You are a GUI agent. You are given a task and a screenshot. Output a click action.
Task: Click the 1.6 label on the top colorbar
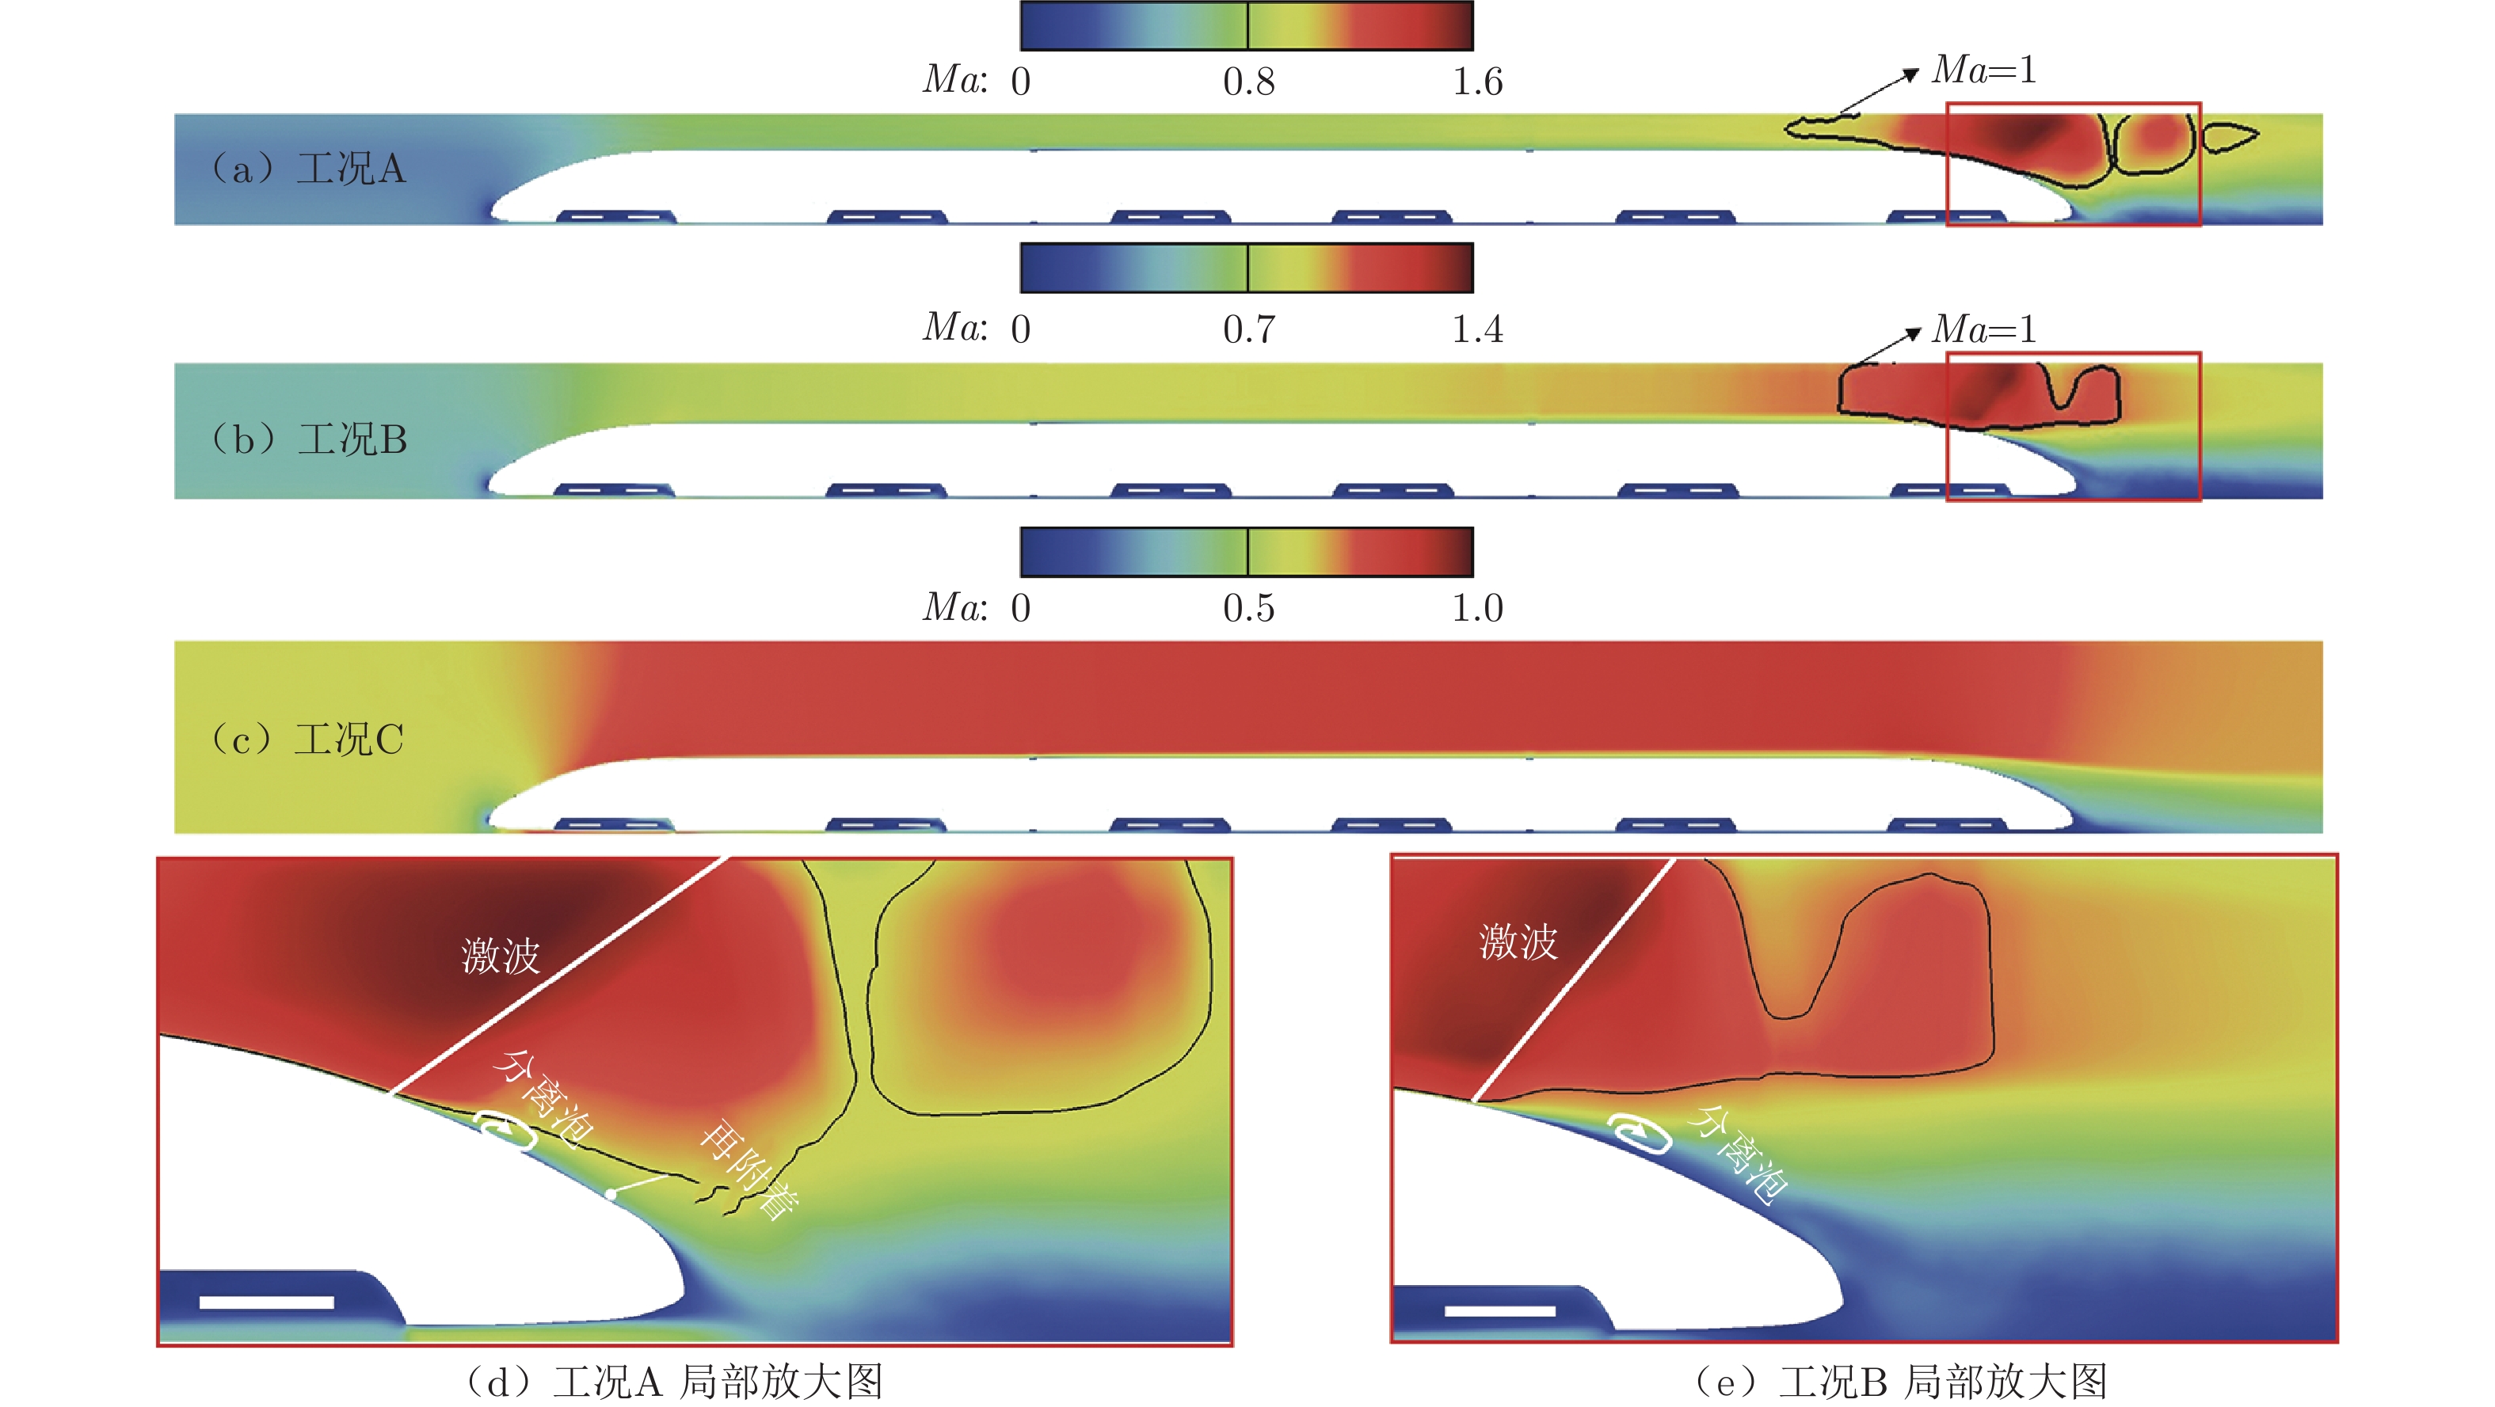click(x=1477, y=82)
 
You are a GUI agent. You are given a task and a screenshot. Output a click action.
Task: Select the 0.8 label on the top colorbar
click(x=1248, y=82)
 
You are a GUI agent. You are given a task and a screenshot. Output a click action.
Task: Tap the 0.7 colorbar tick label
click(x=1248, y=330)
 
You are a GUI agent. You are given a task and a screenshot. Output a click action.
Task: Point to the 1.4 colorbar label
click(x=1477, y=330)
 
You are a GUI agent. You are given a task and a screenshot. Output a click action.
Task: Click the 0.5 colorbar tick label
click(x=1248, y=608)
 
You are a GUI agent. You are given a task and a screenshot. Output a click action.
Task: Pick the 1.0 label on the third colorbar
click(x=1477, y=608)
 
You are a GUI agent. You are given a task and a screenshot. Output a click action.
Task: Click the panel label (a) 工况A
click(x=308, y=169)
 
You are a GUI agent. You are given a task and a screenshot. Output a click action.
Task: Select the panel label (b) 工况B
click(x=308, y=439)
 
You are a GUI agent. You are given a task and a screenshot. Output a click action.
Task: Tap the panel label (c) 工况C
click(x=306, y=740)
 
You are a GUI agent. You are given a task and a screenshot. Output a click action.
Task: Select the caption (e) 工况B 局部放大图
click(x=1900, y=1381)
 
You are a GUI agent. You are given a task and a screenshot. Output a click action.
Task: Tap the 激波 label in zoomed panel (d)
click(x=501, y=956)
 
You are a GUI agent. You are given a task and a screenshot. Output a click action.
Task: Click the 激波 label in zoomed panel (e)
click(x=1518, y=942)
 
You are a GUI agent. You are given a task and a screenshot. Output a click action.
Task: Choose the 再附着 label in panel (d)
click(x=749, y=1169)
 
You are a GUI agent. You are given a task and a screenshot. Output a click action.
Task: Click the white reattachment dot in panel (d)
click(x=611, y=1194)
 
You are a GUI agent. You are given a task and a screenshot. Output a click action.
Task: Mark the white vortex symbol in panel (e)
click(x=1640, y=1133)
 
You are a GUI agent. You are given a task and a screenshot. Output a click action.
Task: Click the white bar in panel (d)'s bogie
click(x=266, y=1302)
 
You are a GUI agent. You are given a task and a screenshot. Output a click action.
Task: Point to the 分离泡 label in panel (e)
click(x=1739, y=1154)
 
